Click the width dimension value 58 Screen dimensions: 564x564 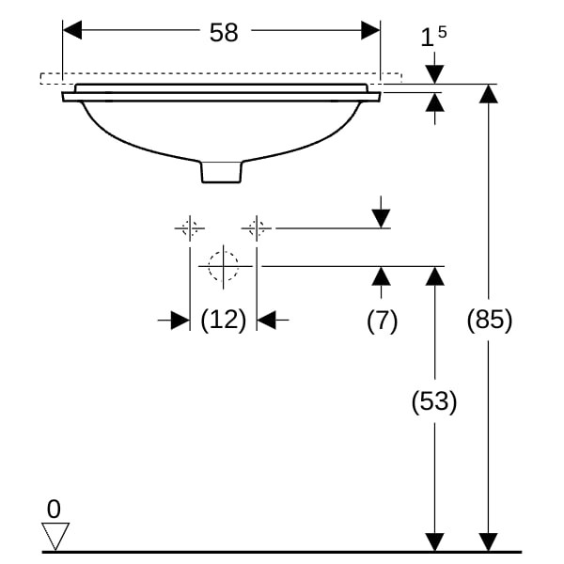(224, 33)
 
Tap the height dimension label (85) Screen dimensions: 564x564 (489, 321)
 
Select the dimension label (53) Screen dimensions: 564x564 (433, 402)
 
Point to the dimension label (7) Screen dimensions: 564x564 (382, 321)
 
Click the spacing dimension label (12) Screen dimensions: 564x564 (223, 320)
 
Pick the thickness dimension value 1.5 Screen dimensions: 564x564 (432, 38)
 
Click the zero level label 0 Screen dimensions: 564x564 (54, 509)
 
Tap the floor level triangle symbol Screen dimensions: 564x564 (56, 537)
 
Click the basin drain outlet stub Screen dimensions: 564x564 (222, 172)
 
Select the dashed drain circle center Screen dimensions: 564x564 (223, 266)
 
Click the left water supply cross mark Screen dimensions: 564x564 (190, 227)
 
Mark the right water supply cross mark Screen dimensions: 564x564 (256, 227)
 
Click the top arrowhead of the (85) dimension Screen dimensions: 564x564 (488, 93)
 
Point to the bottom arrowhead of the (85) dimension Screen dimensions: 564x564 (488, 542)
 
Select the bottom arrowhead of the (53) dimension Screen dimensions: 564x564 (434, 542)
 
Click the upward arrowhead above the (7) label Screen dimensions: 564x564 (381, 275)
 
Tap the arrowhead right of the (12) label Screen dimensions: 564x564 (266, 321)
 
